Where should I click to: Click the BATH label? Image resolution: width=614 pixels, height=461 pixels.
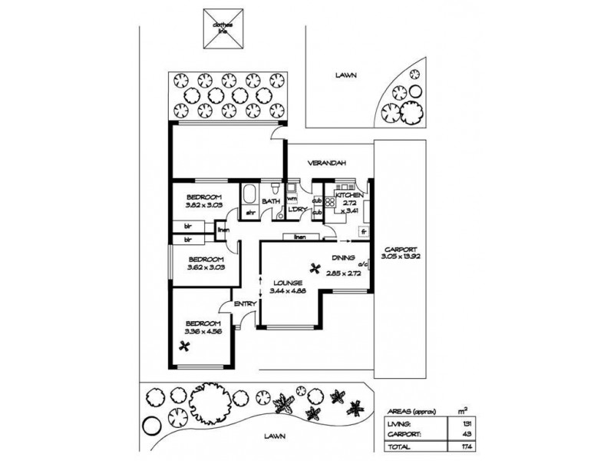(x=271, y=202)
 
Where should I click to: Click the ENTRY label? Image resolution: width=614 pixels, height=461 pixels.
(x=245, y=305)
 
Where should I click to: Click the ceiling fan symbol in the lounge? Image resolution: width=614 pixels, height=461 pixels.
(x=313, y=268)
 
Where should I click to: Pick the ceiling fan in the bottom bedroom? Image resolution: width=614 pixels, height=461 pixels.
(x=184, y=347)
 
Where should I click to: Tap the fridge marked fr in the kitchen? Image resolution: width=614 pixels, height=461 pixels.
(x=363, y=230)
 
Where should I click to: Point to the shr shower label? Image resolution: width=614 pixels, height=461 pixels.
(x=250, y=211)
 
